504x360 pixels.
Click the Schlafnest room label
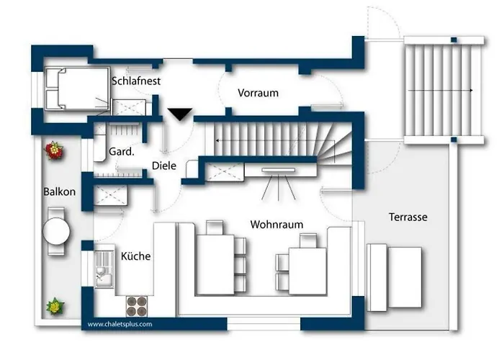point(136,81)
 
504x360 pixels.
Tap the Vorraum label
point(258,93)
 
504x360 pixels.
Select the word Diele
point(164,166)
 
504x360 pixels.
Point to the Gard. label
point(122,151)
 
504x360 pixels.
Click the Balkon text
point(60,192)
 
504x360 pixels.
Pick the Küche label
point(135,256)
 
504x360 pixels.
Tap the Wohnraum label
point(276,225)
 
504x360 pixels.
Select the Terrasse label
point(408,217)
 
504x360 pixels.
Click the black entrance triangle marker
point(180,114)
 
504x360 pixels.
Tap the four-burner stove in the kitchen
point(137,306)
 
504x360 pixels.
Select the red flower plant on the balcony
point(54,150)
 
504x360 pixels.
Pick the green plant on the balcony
point(55,306)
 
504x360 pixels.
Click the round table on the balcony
point(56,231)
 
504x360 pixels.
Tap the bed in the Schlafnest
point(77,89)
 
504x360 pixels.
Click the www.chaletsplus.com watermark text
point(120,324)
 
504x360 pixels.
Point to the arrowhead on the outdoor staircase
point(471,90)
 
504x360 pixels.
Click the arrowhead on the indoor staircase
point(217,140)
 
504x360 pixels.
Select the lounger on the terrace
point(394,278)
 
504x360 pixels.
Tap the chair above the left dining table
point(215,228)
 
